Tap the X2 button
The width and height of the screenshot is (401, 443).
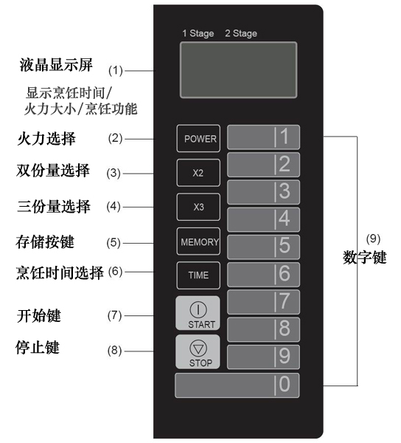coord(198,173)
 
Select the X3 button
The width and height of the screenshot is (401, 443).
coord(198,207)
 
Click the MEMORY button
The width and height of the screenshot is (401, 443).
coord(198,241)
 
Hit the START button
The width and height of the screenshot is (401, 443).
coord(198,313)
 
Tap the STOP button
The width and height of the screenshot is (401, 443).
coord(198,351)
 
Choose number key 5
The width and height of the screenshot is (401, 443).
coord(263,247)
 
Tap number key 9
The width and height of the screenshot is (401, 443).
coord(263,357)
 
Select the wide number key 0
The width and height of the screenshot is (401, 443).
coord(237,385)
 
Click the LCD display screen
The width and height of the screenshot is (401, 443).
coord(238,70)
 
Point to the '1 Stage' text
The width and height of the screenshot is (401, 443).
coord(198,33)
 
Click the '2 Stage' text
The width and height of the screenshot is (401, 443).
coord(241,33)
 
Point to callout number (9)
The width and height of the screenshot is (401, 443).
coord(373,238)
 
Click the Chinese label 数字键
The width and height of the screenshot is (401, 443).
coord(365,258)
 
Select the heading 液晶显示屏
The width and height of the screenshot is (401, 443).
coord(56,65)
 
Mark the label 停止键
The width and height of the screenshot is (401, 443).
coord(38,347)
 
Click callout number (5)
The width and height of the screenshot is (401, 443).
coord(114,243)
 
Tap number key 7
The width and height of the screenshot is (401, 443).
coord(263,302)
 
